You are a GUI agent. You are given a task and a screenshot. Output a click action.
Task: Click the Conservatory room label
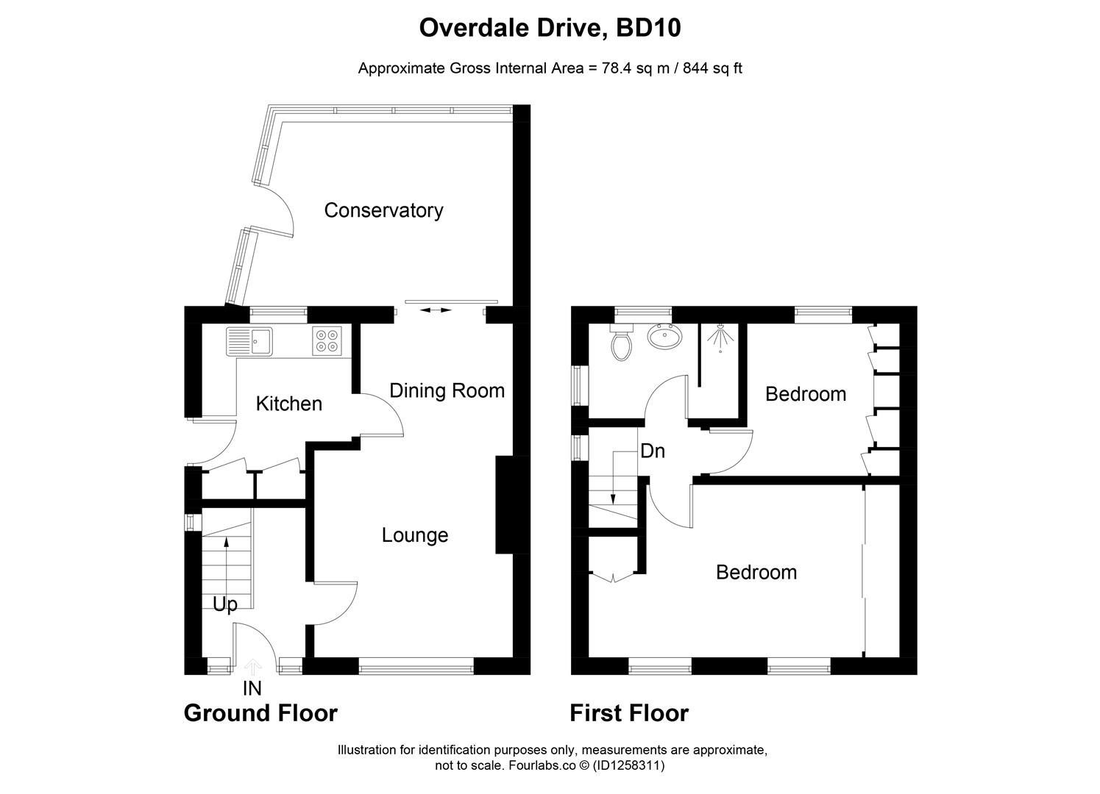pyautogui.click(x=383, y=210)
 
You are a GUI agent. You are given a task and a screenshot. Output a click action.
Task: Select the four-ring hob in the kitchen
pyautogui.click(x=327, y=340)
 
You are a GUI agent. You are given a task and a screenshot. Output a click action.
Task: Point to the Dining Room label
pyautogui.click(x=447, y=390)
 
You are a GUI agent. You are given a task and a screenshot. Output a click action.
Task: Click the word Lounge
pyautogui.click(x=415, y=535)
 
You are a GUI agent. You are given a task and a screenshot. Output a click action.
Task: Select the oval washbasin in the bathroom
pyautogui.click(x=664, y=337)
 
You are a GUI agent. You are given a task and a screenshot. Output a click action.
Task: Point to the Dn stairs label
pyautogui.click(x=653, y=451)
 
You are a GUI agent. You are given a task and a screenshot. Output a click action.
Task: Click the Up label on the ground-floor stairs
pyautogui.click(x=225, y=604)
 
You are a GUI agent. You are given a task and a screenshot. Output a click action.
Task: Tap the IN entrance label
pyautogui.click(x=252, y=688)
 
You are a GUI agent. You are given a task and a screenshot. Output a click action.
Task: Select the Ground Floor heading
pyautogui.click(x=260, y=713)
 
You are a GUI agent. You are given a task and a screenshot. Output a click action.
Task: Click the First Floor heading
pyautogui.click(x=629, y=713)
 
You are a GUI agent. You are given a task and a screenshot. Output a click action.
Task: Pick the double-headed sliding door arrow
pyautogui.click(x=436, y=310)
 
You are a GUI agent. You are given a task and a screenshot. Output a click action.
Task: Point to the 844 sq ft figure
pyautogui.click(x=712, y=68)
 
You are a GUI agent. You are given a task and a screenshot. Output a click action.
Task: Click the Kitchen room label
pyautogui.click(x=289, y=404)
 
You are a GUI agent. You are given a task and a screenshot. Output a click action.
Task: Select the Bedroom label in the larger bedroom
pyautogui.click(x=756, y=572)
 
